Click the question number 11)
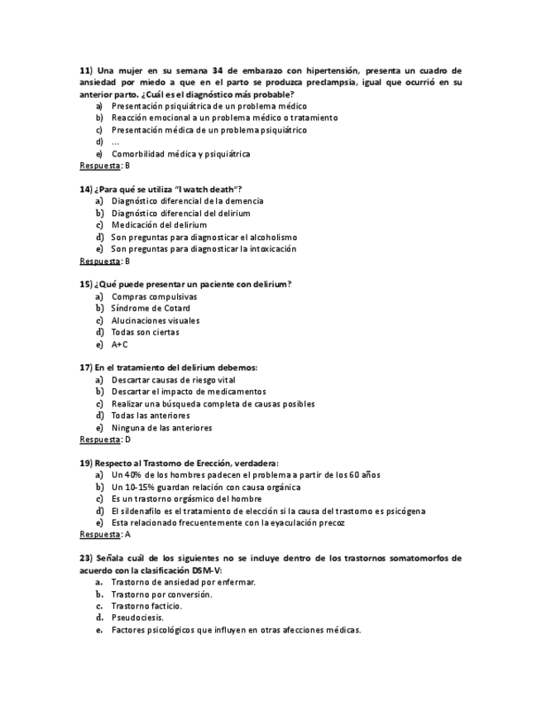(x=87, y=70)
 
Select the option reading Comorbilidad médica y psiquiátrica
(x=180, y=154)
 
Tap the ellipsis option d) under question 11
(x=115, y=142)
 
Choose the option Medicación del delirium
(x=159, y=225)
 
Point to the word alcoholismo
(x=267, y=237)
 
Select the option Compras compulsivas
(x=155, y=296)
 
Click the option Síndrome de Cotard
(x=151, y=309)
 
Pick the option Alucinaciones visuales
(x=156, y=320)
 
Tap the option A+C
(x=120, y=344)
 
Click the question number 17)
(x=87, y=368)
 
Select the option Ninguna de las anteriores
(x=161, y=428)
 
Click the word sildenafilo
(x=141, y=512)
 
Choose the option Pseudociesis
(x=137, y=618)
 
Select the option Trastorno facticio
(x=146, y=606)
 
